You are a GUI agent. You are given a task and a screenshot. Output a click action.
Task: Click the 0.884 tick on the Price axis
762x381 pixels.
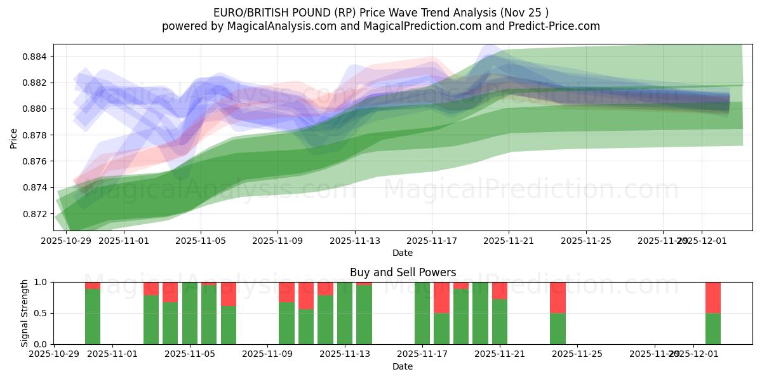point(36,57)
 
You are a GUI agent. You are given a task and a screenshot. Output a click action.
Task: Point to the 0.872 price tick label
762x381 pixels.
point(36,213)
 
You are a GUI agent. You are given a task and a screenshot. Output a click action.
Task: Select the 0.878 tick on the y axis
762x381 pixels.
point(36,135)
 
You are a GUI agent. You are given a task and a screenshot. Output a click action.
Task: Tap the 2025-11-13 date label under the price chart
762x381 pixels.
point(355,241)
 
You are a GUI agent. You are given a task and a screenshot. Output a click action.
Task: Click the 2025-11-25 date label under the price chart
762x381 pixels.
point(586,241)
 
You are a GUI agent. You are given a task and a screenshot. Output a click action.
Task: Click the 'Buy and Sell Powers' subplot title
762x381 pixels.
point(403,272)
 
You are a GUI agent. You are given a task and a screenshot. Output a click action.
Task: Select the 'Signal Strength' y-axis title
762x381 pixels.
point(25,313)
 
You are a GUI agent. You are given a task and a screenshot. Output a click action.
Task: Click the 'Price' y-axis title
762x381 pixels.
point(14,137)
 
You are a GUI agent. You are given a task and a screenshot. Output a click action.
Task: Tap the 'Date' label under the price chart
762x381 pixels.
point(403,253)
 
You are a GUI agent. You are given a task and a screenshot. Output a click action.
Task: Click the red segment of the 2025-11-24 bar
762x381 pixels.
point(558,297)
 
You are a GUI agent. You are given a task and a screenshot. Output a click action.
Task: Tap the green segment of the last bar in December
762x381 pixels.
point(712,328)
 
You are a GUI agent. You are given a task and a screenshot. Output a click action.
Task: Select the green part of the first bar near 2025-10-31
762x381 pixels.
point(93,316)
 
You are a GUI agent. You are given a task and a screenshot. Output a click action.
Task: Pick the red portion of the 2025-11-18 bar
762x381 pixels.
point(441,297)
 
